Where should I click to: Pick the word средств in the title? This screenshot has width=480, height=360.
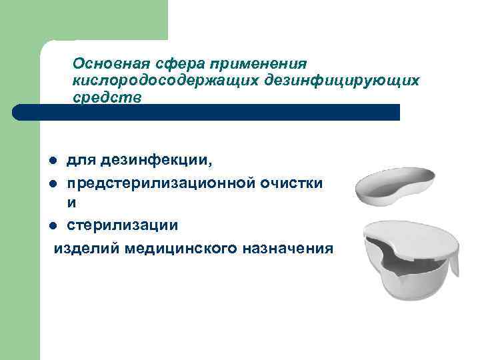point(107,97)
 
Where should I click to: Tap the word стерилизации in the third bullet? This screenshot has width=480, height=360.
point(122,225)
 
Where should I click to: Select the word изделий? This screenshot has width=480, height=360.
point(84,247)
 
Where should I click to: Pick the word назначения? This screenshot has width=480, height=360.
point(291,247)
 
